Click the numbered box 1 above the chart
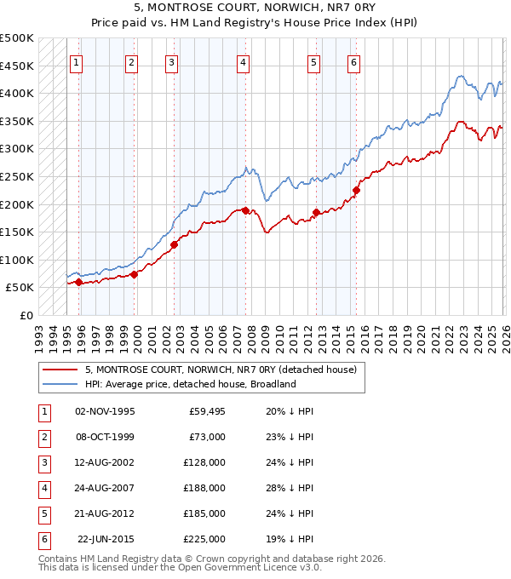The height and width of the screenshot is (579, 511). [x=77, y=61]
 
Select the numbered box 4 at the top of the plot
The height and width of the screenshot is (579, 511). [x=244, y=61]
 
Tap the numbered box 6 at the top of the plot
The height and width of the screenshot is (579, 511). [x=353, y=61]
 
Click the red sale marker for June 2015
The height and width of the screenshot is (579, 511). [x=356, y=190]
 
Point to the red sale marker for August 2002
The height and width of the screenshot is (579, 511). [x=174, y=244]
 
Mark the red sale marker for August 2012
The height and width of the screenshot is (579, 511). [x=316, y=212]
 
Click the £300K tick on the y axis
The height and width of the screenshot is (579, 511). [x=17, y=149]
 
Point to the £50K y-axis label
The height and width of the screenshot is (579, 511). [x=20, y=288]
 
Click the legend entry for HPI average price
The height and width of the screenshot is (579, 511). [x=189, y=384]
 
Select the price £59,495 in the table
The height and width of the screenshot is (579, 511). [x=204, y=411]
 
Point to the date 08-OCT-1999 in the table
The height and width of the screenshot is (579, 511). [x=105, y=437]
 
